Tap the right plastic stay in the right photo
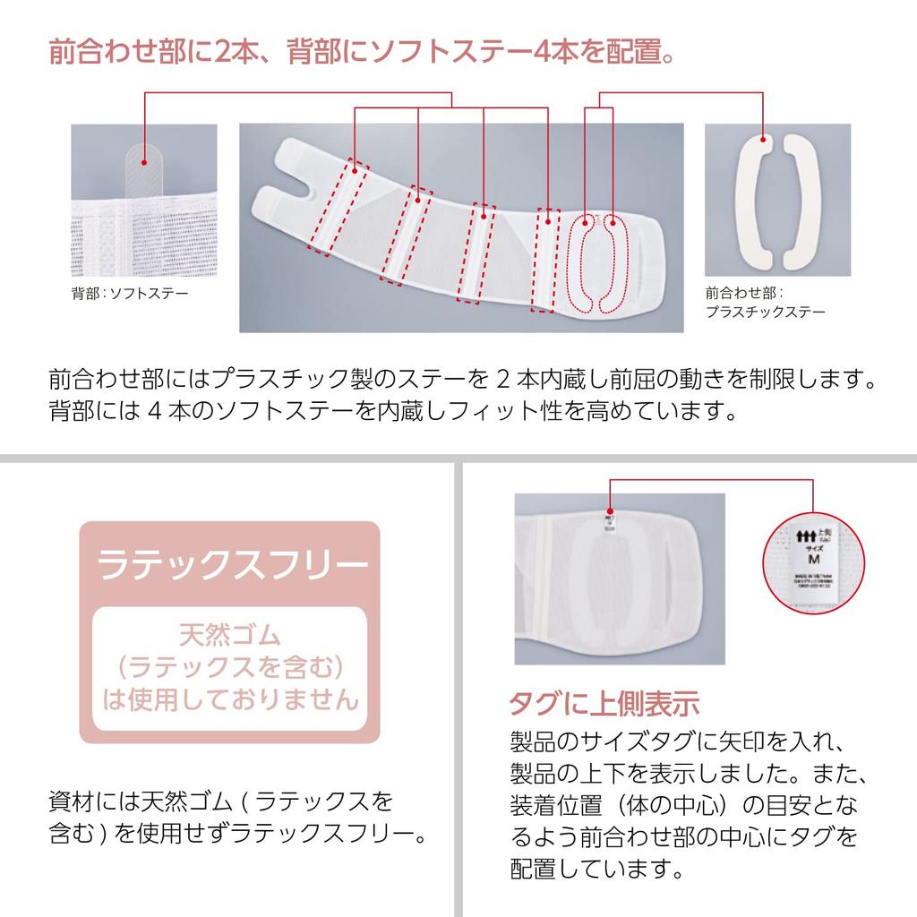(795, 202)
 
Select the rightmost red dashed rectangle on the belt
(543, 260)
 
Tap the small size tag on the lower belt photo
(610, 521)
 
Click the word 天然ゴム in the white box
(230, 637)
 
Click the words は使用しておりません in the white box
(230, 698)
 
